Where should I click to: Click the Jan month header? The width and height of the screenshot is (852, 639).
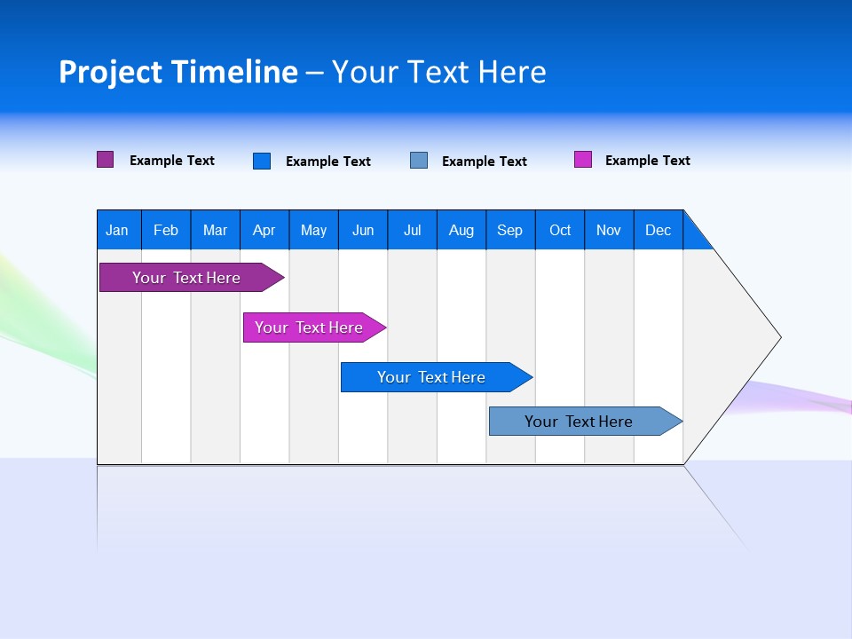tap(118, 230)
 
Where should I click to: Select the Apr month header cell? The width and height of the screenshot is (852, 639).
tap(264, 230)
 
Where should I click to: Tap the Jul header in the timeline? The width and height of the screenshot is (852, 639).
tap(412, 230)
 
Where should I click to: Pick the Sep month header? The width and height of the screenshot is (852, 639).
tap(510, 230)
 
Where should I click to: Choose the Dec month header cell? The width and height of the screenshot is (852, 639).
tap(658, 230)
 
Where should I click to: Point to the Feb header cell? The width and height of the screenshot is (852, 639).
tap(166, 230)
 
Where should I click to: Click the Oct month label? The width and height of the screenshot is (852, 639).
tap(560, 230)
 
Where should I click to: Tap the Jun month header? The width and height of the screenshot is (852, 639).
tap(363, 230)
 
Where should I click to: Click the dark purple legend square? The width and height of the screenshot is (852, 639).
tap(106, 160)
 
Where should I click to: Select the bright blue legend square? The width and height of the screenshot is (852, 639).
tap(262, 161)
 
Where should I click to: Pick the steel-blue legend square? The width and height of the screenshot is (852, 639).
tap(419, 161)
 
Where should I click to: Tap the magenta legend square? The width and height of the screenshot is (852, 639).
tap(583, 160)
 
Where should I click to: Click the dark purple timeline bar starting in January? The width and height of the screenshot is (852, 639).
tap(186, 278)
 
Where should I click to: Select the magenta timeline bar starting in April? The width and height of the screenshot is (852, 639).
tap(309, 327)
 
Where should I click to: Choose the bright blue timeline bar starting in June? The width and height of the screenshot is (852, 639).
tap(431, 377)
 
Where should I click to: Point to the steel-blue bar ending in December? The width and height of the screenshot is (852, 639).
tap(579, 422)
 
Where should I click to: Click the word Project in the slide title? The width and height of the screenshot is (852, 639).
tap(110, 72)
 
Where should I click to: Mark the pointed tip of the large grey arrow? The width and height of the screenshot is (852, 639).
tap(778, 336)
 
